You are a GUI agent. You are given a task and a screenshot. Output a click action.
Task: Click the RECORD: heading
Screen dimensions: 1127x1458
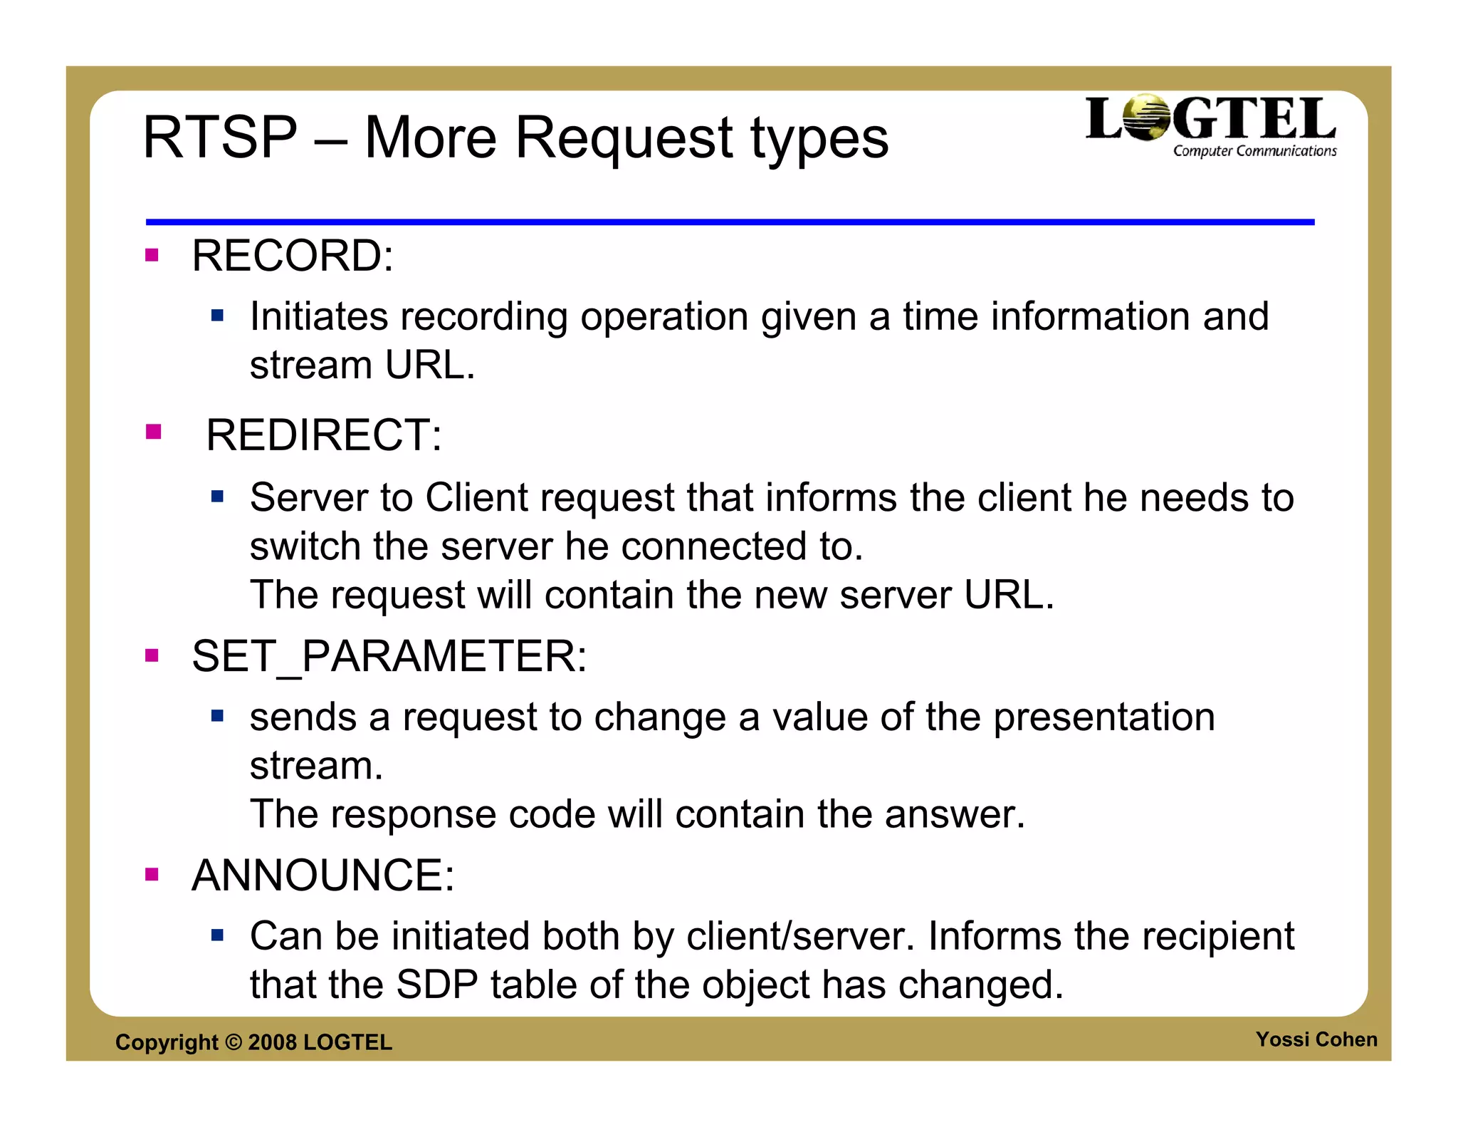coord(292,256)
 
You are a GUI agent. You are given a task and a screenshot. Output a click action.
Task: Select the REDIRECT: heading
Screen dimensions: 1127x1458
coord(323,435)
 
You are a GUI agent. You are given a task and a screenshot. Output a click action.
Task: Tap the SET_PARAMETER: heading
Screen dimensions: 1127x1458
coord(389,656)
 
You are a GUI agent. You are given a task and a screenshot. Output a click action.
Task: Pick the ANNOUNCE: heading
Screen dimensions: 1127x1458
coord(322,876)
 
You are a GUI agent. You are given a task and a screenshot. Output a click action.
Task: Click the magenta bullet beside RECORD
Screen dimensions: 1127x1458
coord(152,255)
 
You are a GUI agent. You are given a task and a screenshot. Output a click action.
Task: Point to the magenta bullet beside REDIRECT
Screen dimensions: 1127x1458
coord(153,432)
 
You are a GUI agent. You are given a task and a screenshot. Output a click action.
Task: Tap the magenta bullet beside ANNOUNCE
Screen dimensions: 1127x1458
coord(152,874)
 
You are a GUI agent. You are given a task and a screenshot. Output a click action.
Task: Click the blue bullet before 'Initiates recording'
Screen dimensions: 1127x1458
coord(218,315)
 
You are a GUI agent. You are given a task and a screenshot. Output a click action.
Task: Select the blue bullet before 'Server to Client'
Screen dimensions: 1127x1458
coord(218,496)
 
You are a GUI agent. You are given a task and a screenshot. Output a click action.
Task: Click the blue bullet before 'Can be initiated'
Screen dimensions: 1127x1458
coord(218,934)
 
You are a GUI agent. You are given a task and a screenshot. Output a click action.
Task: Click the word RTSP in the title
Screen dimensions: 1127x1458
coord(220,137)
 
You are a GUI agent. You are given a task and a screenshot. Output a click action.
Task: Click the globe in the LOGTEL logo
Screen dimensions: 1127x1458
coord(1147,117)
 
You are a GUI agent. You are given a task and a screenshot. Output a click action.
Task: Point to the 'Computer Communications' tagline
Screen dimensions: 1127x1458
coord(1254,151)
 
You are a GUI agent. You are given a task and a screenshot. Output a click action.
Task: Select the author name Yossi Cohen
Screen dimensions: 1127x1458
coord(1316,1039)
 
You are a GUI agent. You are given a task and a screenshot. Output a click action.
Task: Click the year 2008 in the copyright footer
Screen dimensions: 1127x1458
coord(272,1042)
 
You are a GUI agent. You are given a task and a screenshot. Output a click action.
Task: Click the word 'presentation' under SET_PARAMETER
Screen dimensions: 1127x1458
coord(1104,717)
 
